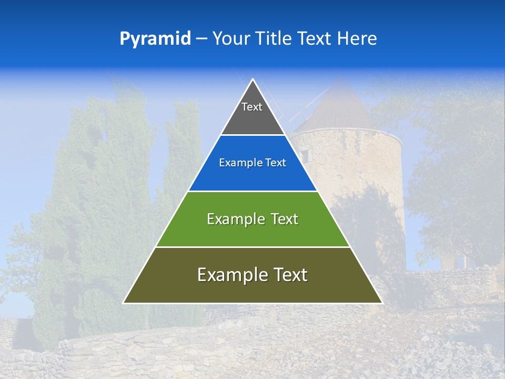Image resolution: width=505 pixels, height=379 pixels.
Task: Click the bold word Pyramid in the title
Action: coord(155,38)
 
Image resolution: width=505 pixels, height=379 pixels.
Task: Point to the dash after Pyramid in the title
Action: coord(201,39)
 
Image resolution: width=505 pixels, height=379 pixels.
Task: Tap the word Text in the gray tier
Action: coord(252,107)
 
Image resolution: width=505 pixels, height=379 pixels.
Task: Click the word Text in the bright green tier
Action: coord(284,219)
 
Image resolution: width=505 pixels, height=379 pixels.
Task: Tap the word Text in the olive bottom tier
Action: coord(289,275)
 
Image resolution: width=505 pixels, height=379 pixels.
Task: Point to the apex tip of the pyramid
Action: coord(253,80)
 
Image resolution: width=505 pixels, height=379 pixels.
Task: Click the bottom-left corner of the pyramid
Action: coord(124,303)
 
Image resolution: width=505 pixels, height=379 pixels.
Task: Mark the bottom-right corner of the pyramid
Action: coord(381,303)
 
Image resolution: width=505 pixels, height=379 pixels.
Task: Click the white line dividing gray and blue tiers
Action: coord(252,135)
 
